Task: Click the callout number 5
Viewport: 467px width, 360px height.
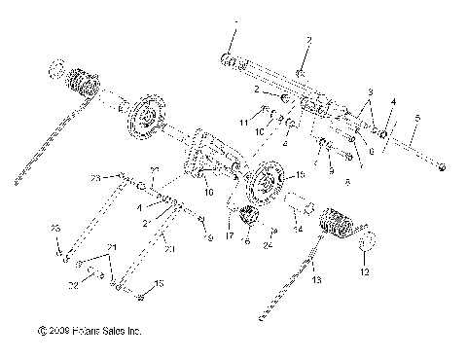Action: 417,118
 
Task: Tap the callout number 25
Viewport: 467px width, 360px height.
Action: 54,255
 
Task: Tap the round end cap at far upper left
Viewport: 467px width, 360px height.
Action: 56,70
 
